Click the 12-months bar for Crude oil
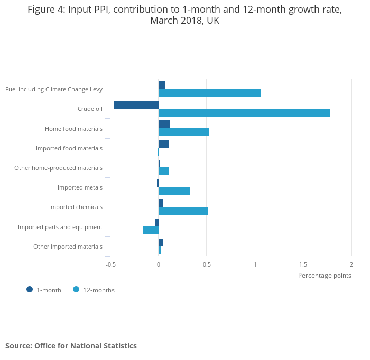244,112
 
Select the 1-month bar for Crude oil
136,105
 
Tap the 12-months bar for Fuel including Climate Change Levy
209,93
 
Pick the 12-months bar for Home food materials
183,132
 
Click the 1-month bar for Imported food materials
163,144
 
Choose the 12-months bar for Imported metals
174,191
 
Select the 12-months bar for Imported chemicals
183,211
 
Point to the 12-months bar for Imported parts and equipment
151,230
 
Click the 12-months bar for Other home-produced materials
163,172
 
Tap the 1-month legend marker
30,289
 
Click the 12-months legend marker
76,289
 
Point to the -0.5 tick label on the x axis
110,264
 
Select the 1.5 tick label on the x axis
303,264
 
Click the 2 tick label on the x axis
351,264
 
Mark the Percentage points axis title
325,275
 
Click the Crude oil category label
90,109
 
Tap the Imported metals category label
80,187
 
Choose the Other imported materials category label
68,247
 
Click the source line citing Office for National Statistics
71,346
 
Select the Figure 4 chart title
184,15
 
